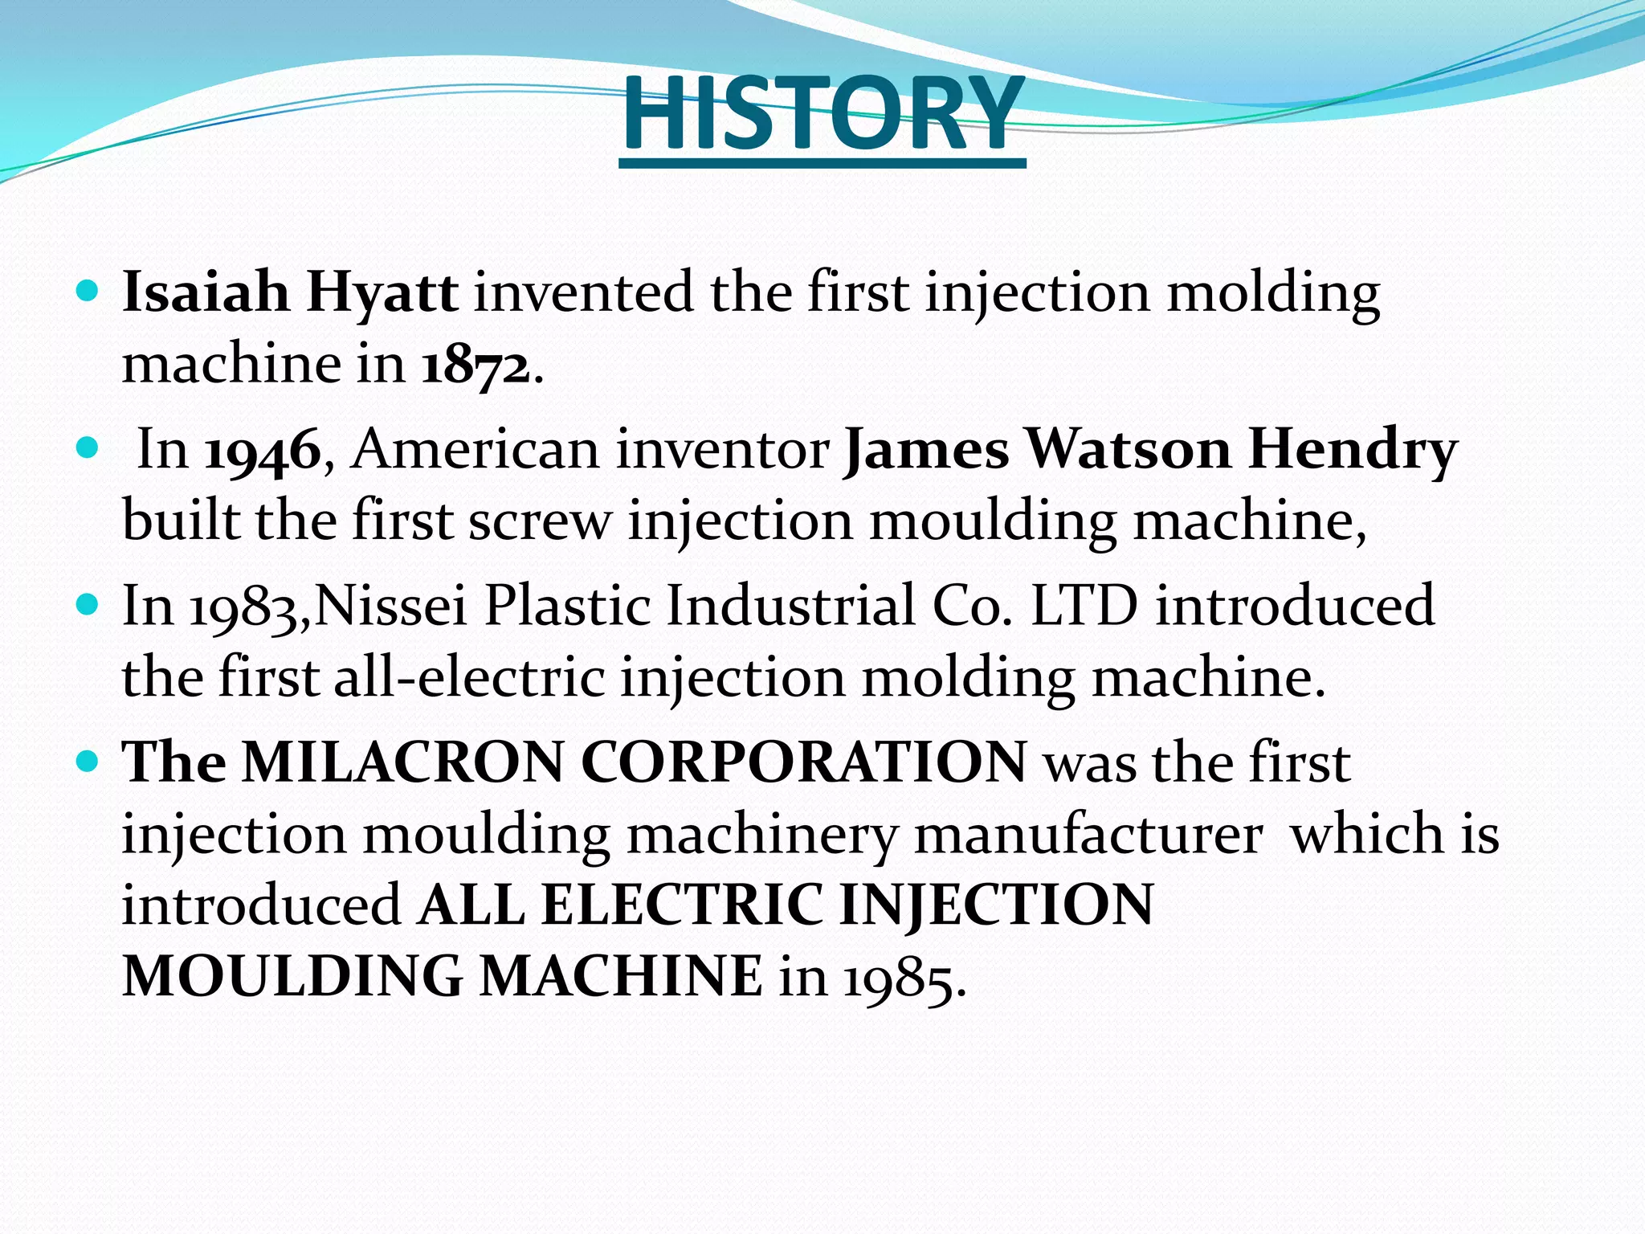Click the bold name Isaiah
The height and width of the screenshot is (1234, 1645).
click(x=206, y=292)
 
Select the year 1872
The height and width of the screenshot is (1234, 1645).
click(x=476, y=366)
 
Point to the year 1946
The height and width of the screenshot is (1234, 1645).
click(x=263, y=451)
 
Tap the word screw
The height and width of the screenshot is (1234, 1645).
click(x=539, y=521)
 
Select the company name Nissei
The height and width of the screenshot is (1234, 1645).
click(x=391, y=605)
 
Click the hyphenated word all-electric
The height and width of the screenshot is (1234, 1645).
click(x=469, y=677)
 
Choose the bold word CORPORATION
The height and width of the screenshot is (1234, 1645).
click(x=803, y=762)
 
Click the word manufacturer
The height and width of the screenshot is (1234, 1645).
click(x=1088, y=834)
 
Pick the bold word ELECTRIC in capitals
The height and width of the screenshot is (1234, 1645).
click(x=682, y=905)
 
